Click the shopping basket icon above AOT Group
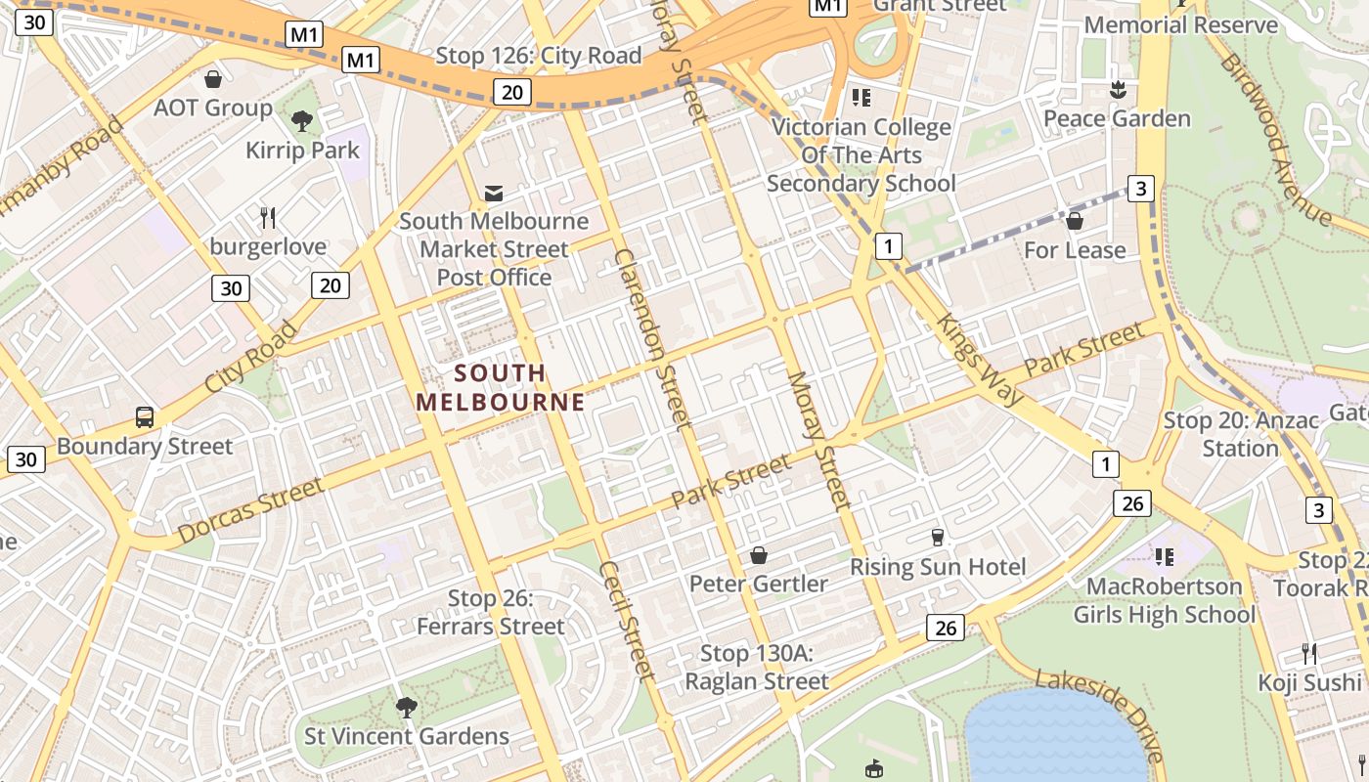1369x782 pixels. pos(213,78)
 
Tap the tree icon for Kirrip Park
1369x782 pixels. pos(302,120)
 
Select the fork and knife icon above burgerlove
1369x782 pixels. pos(268,217)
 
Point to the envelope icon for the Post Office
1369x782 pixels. pos(494,193)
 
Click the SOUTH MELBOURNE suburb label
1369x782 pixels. pos(501,387)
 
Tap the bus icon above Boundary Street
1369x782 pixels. pos(145,417)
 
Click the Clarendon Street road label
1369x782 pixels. pos(653,338)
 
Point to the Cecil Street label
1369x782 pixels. pos(626,620)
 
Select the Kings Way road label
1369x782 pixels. pos(980,359)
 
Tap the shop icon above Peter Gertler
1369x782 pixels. pos(758,555)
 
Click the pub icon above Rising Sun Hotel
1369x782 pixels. pos(937,538)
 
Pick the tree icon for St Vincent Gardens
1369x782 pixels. pos(406,707)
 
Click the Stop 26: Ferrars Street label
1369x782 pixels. pos(491,612)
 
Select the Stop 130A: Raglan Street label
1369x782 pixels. pos(757,667)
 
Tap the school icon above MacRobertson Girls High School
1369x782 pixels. pos(1164,557)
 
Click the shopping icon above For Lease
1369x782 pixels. pos(1074,221)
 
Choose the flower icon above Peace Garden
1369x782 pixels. pos(1116,90)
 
